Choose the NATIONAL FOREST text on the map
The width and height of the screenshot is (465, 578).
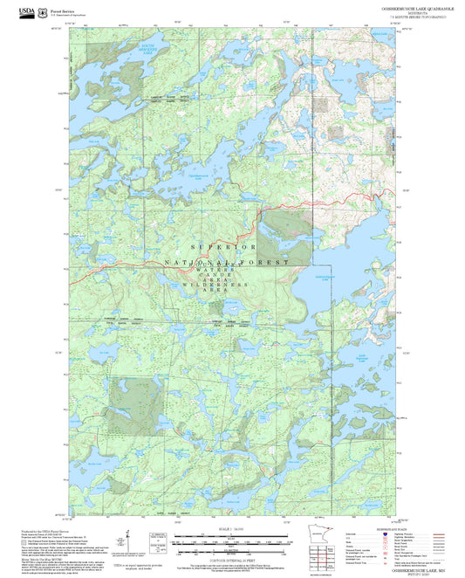click(226, 262)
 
